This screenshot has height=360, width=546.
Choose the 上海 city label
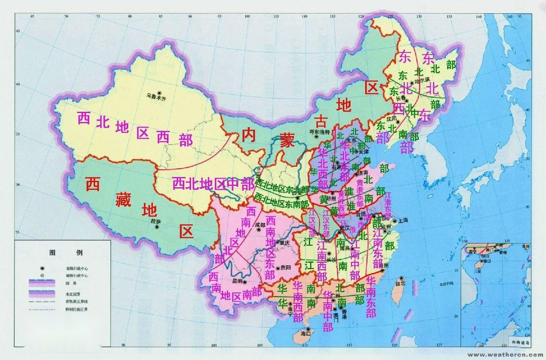403,221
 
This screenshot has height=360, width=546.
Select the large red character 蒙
287,141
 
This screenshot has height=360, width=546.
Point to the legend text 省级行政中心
77,268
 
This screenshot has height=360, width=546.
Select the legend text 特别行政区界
77,308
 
